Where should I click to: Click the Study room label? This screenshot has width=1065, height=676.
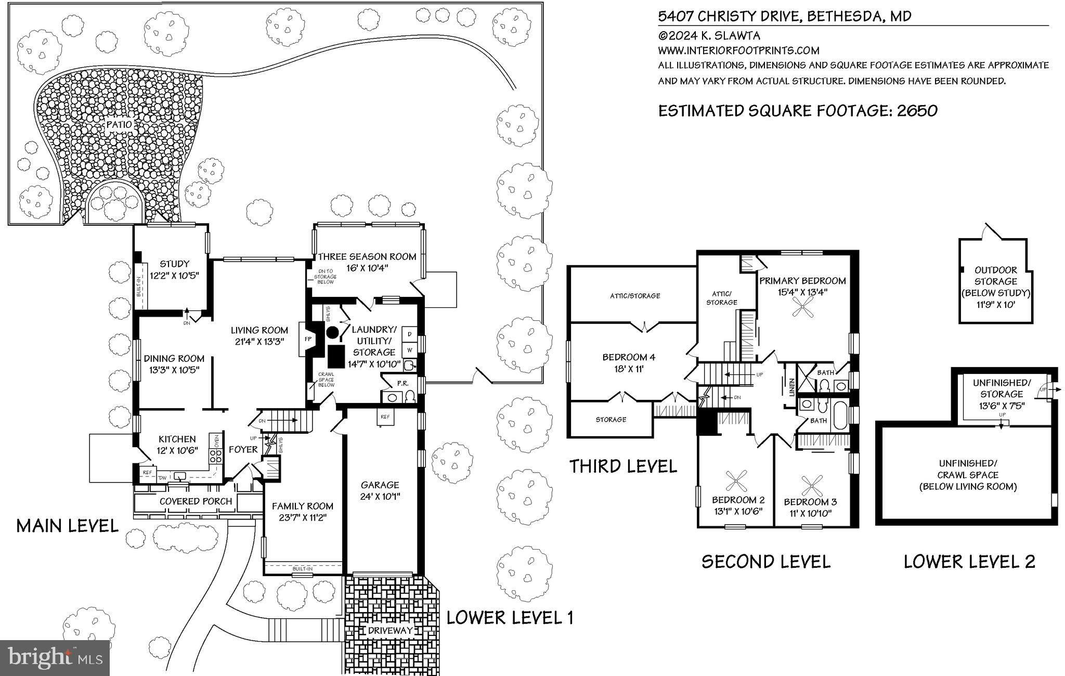click(174, 264)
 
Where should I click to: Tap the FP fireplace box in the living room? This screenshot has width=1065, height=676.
click(307, 339)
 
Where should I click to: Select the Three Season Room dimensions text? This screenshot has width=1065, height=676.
click(367, 268)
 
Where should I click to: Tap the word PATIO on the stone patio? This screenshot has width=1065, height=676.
click(119, 125)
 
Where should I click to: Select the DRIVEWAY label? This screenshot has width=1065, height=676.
click(390, 631)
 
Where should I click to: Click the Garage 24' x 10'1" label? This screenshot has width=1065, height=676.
click(380, 490)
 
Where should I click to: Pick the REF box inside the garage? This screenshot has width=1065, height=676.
click(385, 417)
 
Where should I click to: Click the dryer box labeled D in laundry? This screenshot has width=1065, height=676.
click(409, 333)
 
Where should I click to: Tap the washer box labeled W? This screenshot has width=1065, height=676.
click(409, 350)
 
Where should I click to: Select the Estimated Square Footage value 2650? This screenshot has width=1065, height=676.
click(917, 111)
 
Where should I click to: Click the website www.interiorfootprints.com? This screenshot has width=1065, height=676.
click(738, 50)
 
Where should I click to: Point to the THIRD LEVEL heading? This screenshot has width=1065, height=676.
click(622, 466)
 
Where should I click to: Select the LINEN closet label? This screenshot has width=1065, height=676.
click(791, 387)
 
